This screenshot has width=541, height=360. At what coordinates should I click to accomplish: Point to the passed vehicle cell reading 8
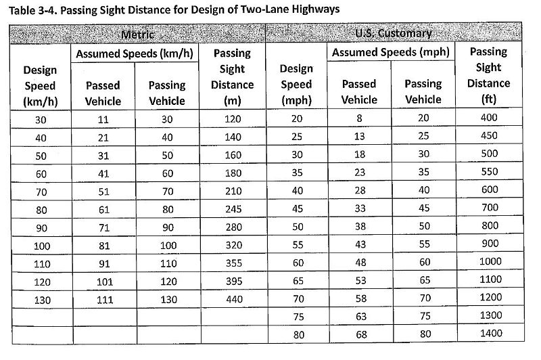360,118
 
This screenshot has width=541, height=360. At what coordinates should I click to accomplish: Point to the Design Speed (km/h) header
40,85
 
